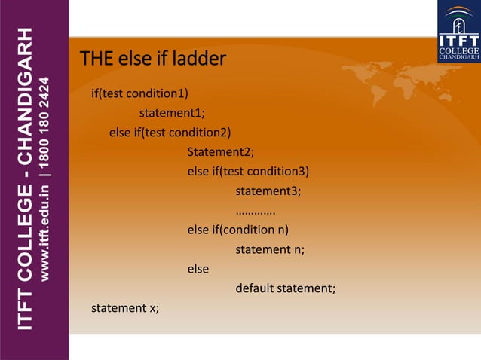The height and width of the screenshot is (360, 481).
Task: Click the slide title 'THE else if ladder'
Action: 153,59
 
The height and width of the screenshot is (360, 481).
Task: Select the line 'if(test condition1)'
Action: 139,94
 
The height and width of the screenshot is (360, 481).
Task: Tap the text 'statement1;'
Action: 172,114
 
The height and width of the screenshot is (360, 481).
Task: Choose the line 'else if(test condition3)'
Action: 248,171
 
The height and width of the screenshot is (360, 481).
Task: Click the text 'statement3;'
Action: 268,191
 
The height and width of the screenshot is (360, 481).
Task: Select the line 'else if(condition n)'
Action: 238,230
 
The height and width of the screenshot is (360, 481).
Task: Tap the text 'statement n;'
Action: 270,249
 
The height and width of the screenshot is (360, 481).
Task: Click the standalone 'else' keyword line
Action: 198,269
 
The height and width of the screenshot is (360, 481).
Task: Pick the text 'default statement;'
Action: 285,288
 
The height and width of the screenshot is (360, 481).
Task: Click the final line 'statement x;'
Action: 125,308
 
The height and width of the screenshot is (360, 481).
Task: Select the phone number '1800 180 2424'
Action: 47,121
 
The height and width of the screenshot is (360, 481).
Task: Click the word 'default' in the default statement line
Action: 256,288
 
